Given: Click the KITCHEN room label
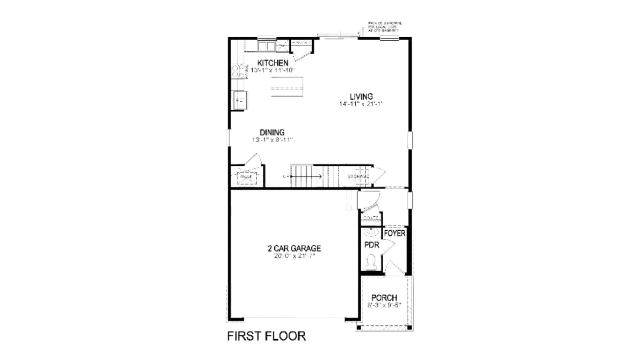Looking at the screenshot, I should click(273, 63).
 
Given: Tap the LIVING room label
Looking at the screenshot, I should click(361, 96).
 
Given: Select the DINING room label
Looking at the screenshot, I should click(272, 132).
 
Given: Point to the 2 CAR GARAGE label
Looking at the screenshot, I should click(294, 248).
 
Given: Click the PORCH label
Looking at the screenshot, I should click(384, 298).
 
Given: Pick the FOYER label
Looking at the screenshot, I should click(395, 233).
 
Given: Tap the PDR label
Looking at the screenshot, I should click(372, 245).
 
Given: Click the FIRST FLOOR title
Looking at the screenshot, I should click(266, 336).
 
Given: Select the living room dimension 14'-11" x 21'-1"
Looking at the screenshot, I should click(361, 104).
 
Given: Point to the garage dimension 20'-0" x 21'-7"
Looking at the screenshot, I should click(294, 256).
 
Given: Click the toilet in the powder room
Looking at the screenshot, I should click(372, 262).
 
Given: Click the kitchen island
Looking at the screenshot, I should click(287, 86).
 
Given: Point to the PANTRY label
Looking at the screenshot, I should click(301, 43).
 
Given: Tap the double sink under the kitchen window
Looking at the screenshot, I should click(266, 45).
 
